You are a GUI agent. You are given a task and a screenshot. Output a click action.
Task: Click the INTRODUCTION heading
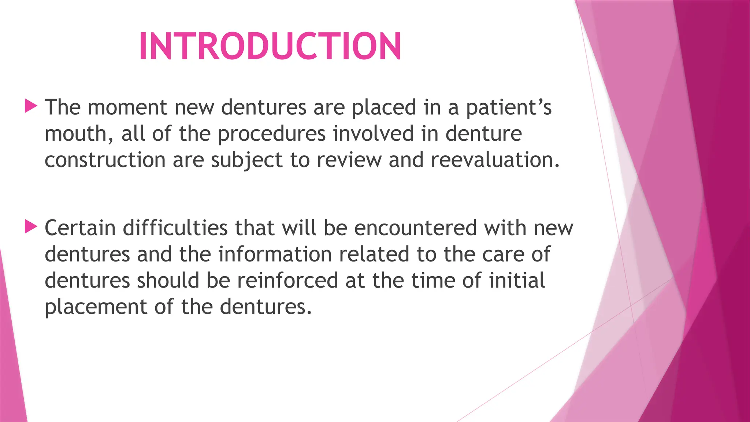[270, 46]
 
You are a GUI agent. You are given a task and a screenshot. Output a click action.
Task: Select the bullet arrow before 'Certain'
[31, 227]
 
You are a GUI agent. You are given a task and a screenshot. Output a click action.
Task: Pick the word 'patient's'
[508, 108]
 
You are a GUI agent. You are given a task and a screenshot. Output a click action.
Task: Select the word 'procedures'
[271, 134]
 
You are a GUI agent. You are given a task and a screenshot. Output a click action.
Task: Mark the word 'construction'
[105, 160]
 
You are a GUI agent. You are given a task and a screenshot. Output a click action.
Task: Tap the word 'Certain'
[80, 228]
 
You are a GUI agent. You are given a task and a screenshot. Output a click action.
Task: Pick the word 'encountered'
[415, 228]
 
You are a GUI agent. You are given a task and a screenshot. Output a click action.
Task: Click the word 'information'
[275, 254]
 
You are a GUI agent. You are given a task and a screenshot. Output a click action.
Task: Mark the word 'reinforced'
[287, 281]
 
